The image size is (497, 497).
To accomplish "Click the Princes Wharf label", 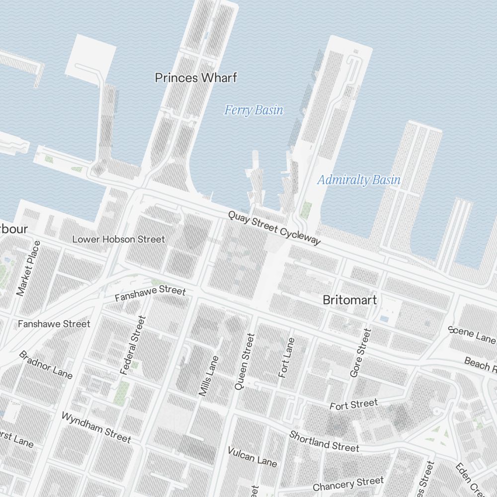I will tap(196, 78).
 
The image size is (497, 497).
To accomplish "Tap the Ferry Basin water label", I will tap(253, 110).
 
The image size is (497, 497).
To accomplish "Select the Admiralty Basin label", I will tap(359, 179).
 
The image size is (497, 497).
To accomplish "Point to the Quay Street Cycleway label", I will tap(274, 228).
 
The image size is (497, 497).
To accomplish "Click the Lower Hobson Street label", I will tap(118, 239).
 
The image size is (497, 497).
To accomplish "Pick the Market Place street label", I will tap(28, 268).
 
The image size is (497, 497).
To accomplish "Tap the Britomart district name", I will tap(349, 300).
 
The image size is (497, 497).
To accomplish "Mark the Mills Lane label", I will tap(209, 376).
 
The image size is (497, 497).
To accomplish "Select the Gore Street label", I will tap(361, 352).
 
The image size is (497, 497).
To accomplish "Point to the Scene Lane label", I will tap(471, 334).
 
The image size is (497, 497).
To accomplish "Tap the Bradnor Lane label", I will tap(46, 364).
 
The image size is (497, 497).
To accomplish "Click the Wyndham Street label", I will tap(96, 427).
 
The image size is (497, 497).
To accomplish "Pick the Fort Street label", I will tap(353, 405).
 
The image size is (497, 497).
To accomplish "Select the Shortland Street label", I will tap(324, 441).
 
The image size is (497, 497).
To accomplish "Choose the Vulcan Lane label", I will tap(252, 457).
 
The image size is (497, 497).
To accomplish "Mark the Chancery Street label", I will tap(348, 483).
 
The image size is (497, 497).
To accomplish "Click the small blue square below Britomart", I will tap(384, 318).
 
